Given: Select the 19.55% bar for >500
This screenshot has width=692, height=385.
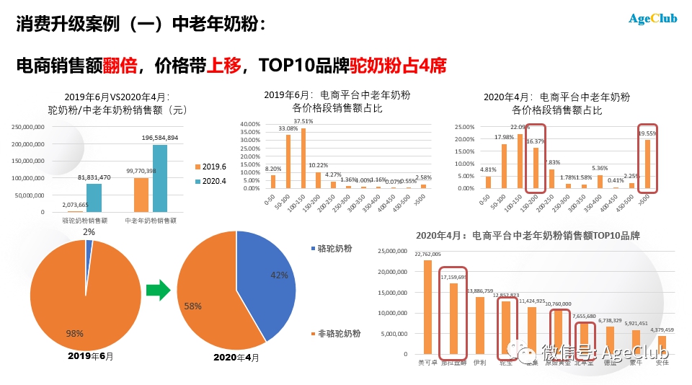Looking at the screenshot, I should click(648, 164).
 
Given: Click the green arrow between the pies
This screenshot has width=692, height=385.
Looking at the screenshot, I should click(158, 290).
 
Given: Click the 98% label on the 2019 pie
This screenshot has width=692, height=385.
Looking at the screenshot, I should click(75, 333).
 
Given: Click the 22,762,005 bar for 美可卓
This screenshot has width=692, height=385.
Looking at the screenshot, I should click(427, 307).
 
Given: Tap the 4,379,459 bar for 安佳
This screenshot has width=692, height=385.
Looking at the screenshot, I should click(662, 345).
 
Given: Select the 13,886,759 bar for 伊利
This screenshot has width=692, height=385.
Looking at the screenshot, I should click(479, 325).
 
